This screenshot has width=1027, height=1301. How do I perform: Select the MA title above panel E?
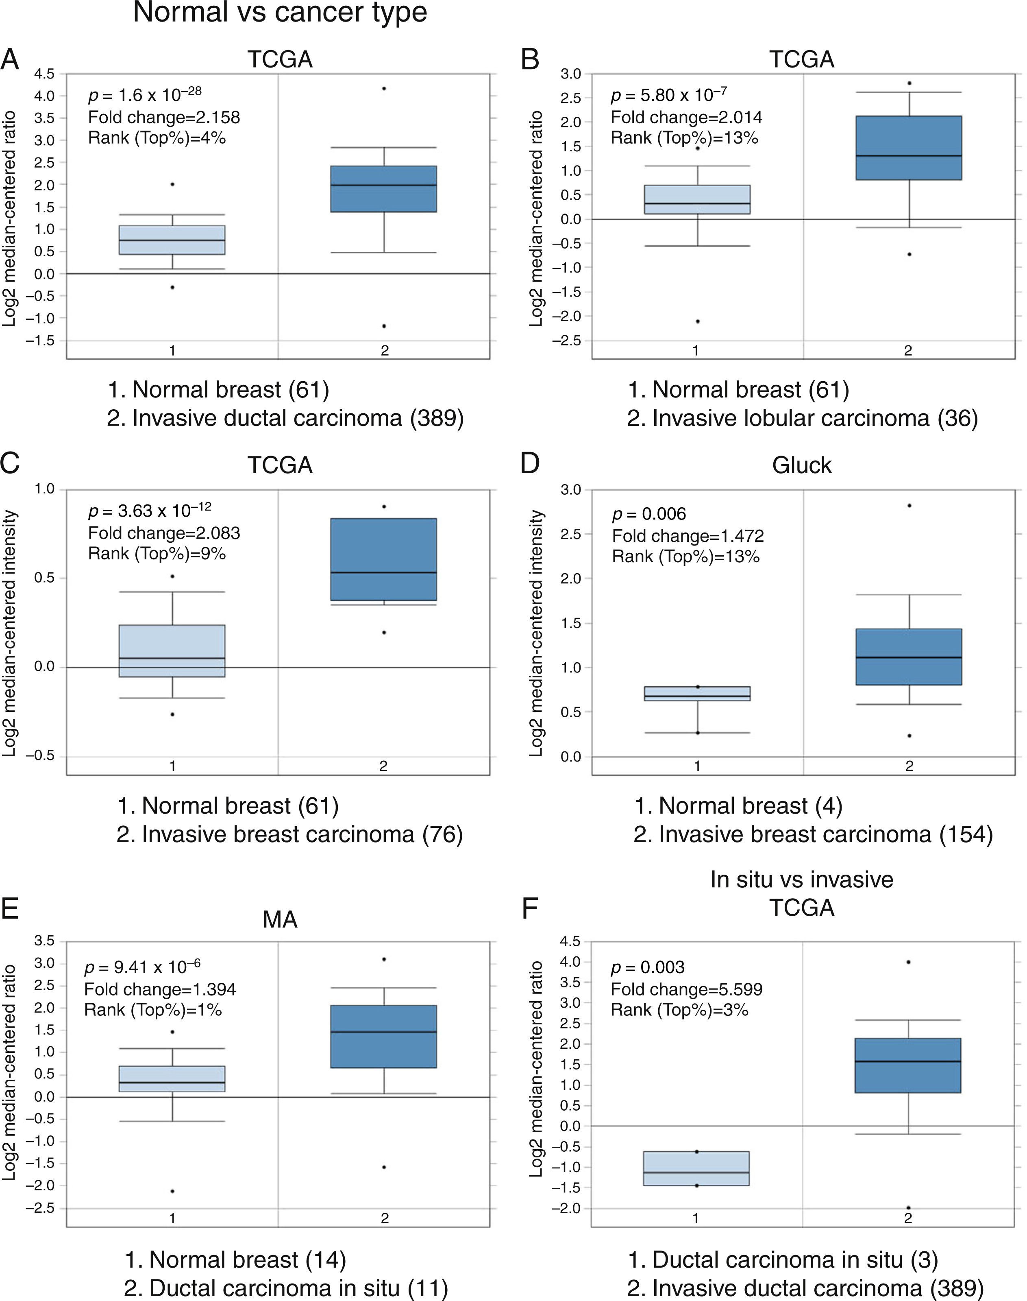point(280,920)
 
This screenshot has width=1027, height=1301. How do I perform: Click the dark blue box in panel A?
point(384,189)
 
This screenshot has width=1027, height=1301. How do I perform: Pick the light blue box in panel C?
point(172,651)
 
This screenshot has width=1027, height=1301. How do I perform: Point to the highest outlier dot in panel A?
point(384,88)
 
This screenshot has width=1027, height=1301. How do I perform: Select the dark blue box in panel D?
point(909,657)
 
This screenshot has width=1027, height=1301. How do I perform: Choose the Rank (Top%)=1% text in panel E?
point(153,1010)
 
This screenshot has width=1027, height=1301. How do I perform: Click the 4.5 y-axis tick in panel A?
point(44,74)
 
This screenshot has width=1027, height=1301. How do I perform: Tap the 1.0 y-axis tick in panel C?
point(44,489)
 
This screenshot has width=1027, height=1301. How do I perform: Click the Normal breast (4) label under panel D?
point(738,805)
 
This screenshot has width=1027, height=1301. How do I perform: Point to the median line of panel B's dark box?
point(909,156)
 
